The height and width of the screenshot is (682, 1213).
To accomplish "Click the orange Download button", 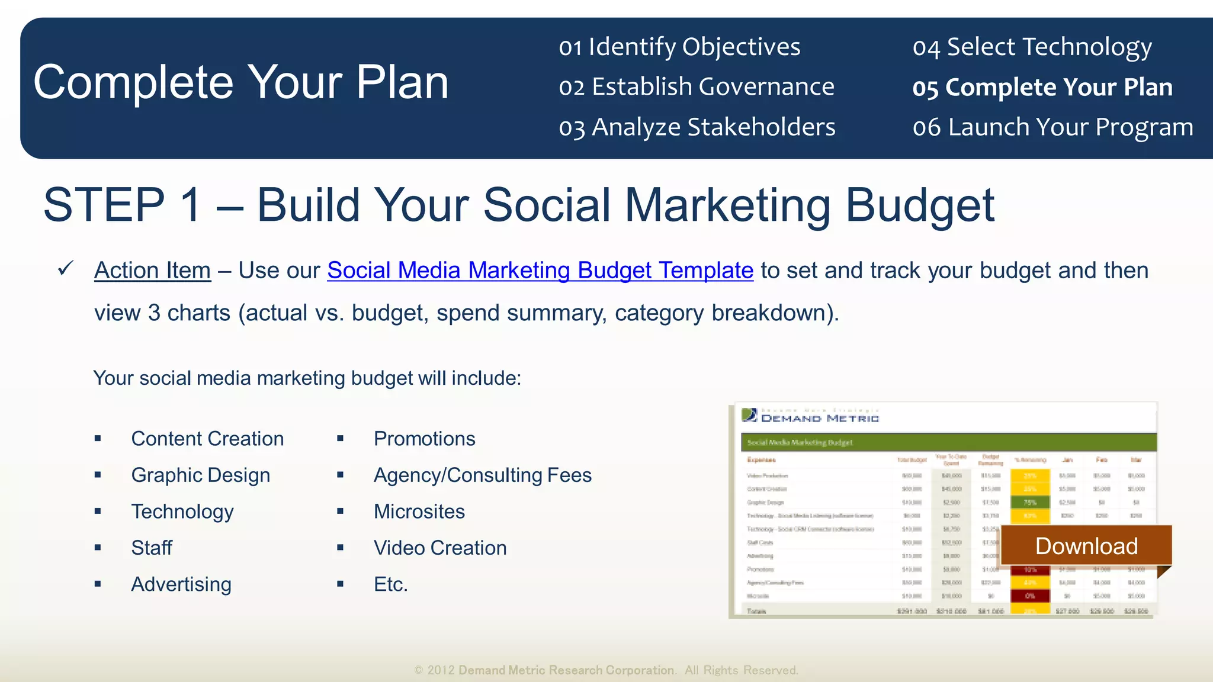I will pyautogui.click(x=1086, y=546).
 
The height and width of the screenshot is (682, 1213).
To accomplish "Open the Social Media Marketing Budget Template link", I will pyautogui.click(x=540, y=271).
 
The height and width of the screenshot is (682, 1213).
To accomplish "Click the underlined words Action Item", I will pyautogui.click(x=152, y=271).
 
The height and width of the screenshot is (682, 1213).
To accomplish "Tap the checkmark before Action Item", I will pyautogui.click(x=65, y=269).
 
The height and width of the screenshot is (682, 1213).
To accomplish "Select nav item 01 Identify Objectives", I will pyautogui.click(x=679, y=47).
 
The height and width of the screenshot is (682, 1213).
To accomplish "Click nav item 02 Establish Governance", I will pyautogui.click(x=696, y=87).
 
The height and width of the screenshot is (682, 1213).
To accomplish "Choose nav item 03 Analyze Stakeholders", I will pyautogui.click(x=697, y=127).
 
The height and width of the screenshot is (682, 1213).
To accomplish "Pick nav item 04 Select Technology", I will pyautogui.click(x=1032, y=47).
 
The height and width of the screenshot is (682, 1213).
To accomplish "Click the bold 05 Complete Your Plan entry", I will pyautogui.click(x=1042, y=88).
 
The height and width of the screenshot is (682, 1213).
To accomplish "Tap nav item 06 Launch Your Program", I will pyautogui.click(x=1052, y=127).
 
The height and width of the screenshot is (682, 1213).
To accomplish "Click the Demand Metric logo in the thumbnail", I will pyautogui.click(x=810, y=416).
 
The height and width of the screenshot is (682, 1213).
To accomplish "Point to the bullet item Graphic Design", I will pyautogui.click(x=200, y=475).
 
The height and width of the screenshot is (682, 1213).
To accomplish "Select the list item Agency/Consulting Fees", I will pyautogui.click(x=482, y=475).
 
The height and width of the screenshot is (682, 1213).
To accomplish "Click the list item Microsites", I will pyautogui.click(x=419, y=511).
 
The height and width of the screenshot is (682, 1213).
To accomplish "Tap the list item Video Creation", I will pyautogui.click(x=439, y=548).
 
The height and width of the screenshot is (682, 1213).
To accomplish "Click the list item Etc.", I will pyautogui.click(x=390, y=584).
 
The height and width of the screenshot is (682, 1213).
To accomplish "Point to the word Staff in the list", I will pyautogui.click(x=152, y=548).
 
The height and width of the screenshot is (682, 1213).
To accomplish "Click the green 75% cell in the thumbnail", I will pyautogui.click(x=1029, y=502).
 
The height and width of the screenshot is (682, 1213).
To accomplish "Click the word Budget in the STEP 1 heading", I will pyautogui.click(x=919, y=205).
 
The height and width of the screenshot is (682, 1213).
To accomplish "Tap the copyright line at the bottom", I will pyautogui.click(x=606, y=670).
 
